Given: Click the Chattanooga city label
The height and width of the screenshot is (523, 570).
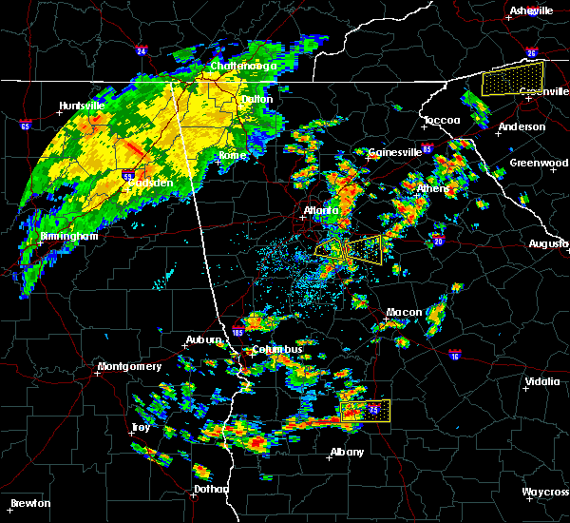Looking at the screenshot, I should [243, 67].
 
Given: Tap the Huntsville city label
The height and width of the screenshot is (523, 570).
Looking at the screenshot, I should [81, 106].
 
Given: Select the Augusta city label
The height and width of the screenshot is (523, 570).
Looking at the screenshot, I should [548, 244].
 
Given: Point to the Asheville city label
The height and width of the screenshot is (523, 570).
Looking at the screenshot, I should [531, 10].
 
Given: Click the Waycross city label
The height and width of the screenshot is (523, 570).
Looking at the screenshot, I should [545, 492].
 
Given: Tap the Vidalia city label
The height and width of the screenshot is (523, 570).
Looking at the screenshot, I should [542, 382].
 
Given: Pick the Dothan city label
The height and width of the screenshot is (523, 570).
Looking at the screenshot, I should [211, 489].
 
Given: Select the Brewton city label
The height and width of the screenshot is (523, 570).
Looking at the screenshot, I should [30, 503].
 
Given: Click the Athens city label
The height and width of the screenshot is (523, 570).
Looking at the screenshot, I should [433, 188].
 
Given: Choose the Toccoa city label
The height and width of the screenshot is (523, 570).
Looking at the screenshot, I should [442, 121].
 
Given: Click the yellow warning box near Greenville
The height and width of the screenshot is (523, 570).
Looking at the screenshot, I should [513, 77].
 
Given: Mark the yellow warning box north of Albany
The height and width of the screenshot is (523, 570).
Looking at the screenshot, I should [365, 411].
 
